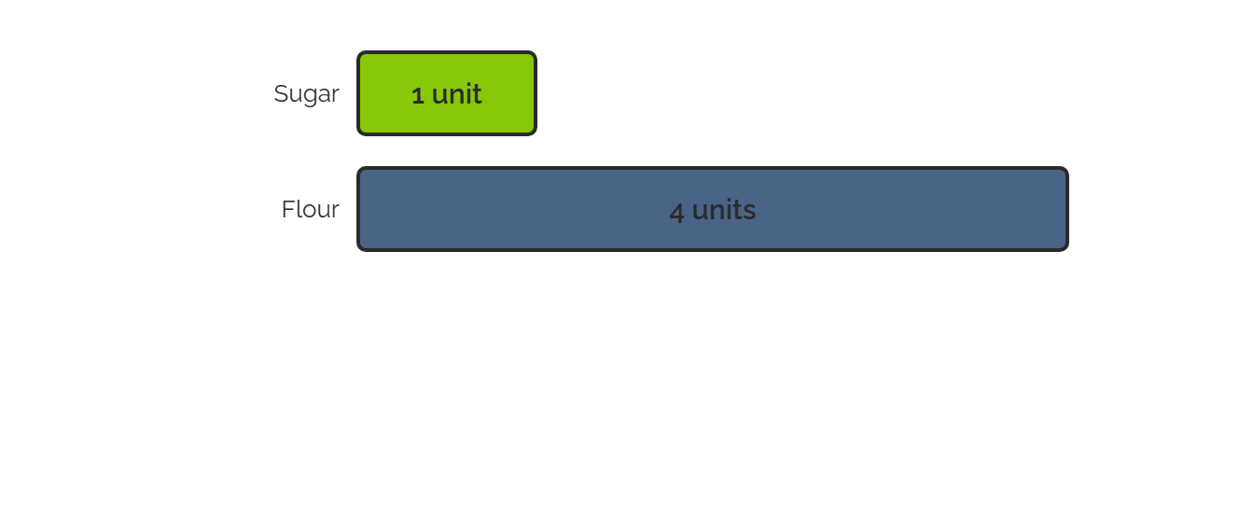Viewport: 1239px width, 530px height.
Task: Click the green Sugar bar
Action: (447, 93)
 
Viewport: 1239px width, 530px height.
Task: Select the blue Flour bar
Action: (713, 209)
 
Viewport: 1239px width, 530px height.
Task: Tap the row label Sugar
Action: (306, 94)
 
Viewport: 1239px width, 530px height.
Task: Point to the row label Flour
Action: (311, 209)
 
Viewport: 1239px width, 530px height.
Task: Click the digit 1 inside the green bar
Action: (418, 95)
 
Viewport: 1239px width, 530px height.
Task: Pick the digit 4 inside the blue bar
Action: (676, 212)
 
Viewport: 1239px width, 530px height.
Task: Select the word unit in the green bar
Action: (456, 94)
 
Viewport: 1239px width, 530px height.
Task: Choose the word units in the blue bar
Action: (723, 210)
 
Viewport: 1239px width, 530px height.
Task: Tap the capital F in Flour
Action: (288, 209)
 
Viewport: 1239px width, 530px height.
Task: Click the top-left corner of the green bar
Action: (358, 52)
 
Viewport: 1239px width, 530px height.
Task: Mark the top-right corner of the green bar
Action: (536, 52)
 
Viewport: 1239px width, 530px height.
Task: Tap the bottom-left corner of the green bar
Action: (358, 134)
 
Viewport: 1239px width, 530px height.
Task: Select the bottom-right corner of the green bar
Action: (536, 134)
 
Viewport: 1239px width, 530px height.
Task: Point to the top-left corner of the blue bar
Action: (358, 168)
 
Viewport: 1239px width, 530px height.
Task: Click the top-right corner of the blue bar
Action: (1067, 168)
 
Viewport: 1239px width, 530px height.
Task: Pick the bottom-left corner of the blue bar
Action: (358, 251)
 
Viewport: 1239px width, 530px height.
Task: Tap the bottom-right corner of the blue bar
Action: (1067, 251)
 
